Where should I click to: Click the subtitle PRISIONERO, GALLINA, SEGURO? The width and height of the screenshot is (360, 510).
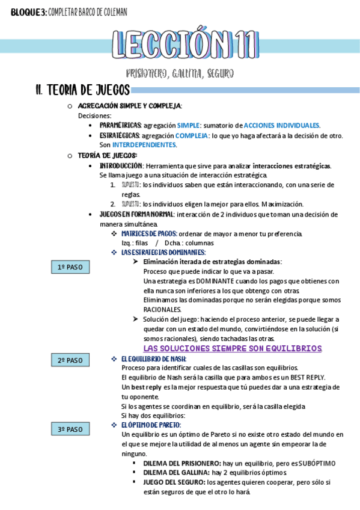coord(180,73)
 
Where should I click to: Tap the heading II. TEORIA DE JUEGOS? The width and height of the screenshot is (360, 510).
coord(82,90)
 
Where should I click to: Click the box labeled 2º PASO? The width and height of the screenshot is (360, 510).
coord(70,360)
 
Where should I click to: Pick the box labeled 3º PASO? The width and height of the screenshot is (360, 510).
coord(70,429)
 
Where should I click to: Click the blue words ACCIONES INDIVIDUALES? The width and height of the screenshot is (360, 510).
coord(281,125)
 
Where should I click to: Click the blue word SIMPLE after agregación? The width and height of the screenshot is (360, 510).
coord(188,125)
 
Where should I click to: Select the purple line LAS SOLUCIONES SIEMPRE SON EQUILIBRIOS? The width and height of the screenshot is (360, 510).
coord(233,348)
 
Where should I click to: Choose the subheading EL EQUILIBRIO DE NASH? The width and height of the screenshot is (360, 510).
coord(154,358)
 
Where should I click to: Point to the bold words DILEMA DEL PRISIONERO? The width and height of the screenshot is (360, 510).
coord(182,463)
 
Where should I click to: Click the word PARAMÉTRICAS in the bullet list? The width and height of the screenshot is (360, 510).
coord(120,125)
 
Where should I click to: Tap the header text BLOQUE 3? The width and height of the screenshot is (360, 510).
coord(23,12)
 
